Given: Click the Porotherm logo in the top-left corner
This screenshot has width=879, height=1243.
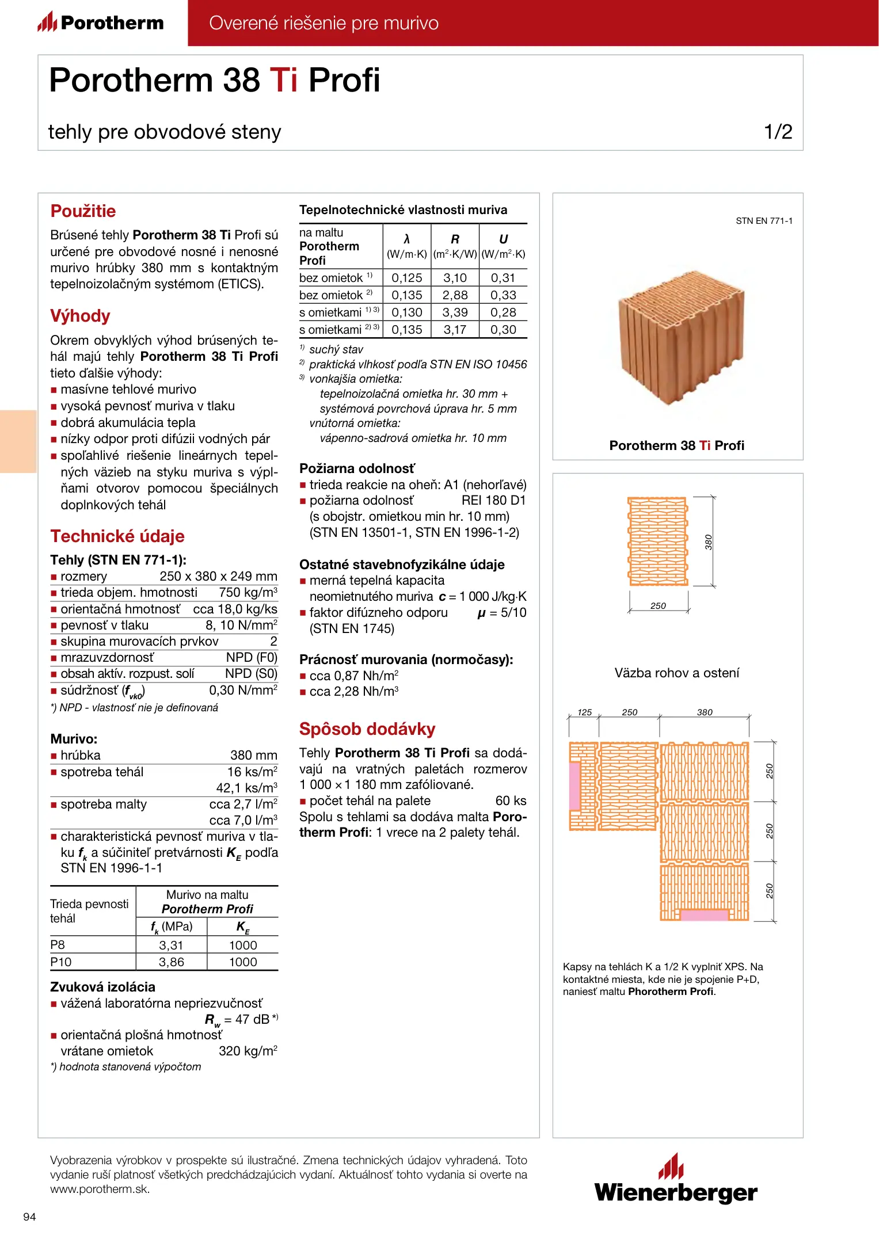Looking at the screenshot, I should (x=101, y=22).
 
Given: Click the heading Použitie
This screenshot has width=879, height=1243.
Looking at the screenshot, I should (x=83, y=211).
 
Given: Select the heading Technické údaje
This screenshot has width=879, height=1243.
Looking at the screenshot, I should (x=117, y=536).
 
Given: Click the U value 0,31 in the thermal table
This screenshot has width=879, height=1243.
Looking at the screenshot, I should (x=503, y=278).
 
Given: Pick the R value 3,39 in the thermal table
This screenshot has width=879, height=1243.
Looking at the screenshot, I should (x=455, y=312).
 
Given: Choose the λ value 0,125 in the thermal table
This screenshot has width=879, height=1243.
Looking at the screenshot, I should (x=406, y=278).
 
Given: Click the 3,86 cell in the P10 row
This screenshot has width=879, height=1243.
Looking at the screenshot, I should (x=171, y=962).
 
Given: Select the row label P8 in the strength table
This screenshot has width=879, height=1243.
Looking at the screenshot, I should (x=58, y=945).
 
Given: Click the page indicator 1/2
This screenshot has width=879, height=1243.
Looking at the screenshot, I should (x=778, y=132).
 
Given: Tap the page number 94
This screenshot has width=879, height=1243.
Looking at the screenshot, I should (x=29, y=1217).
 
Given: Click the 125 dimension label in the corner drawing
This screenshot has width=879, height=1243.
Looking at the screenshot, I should (x=584, y=712).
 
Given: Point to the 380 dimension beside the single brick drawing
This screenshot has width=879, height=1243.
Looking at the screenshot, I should (x=709, y=542).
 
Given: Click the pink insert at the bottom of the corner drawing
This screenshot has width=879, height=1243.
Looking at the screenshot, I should (x=704, y=914).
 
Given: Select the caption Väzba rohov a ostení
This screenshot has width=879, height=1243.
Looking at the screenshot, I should (x=676, y=673).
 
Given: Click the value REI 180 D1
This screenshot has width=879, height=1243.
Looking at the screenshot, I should (x=493, y=501).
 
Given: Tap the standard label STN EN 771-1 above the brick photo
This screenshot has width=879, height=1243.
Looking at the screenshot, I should (x=764, y=221).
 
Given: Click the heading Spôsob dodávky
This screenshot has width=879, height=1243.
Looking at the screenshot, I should (x=367, y=729).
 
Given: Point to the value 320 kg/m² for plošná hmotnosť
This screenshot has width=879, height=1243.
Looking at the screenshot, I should (x=248, y=1051).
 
